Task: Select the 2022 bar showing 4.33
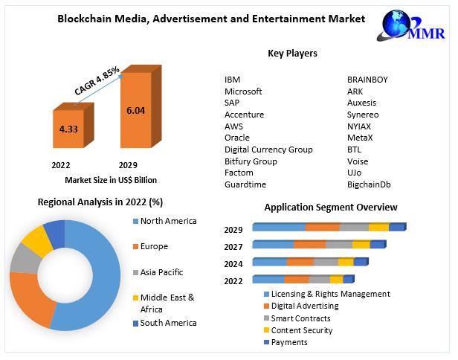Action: [68, 129]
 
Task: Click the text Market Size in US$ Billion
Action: [111, 180]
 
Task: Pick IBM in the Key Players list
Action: [232, 80]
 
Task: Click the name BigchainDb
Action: [369, 184]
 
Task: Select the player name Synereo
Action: [363, 115]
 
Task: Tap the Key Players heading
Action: [292, 54]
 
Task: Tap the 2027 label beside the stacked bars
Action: [233, 246]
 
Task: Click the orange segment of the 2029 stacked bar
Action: [322, 227]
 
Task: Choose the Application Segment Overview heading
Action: [331, 208]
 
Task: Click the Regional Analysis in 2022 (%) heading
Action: [100, 202]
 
